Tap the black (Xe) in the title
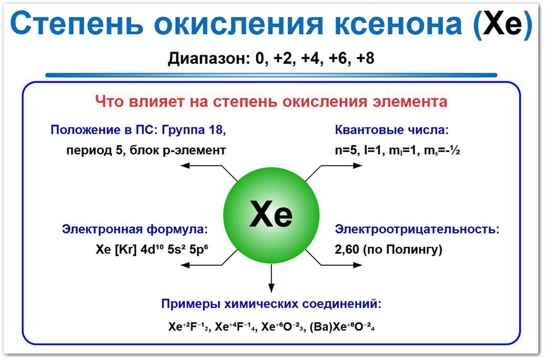coord(502,26)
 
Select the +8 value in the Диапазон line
coord(365,58)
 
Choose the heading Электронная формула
coord(134,229)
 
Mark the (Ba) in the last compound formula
coord(320,326)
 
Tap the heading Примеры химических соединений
coord(271,304)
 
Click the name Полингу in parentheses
coord(416,249)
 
